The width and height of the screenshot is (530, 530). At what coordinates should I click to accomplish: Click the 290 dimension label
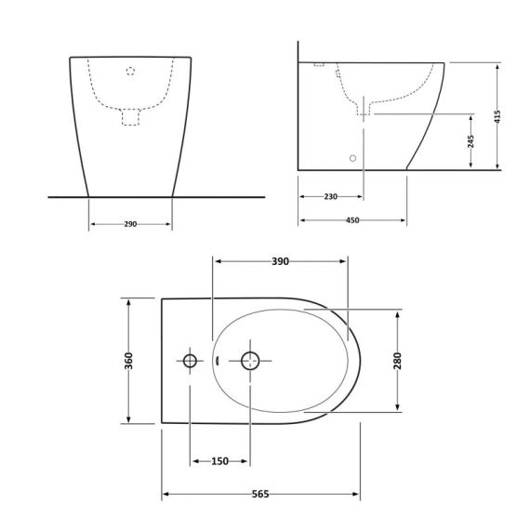tap(130, 224)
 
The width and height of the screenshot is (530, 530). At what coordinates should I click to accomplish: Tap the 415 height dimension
tap(497, 116)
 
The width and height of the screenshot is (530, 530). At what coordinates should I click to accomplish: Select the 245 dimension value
tap(470, 141)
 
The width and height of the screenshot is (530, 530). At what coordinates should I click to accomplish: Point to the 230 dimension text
tap(331, 196)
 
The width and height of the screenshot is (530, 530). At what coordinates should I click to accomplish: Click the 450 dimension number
tap(352, 220)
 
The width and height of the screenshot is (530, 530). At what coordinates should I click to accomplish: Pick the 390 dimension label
tap(281, 261)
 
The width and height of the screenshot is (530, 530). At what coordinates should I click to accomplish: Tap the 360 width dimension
tap(129, 361)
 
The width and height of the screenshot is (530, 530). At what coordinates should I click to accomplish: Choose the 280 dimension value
tap(398, 361)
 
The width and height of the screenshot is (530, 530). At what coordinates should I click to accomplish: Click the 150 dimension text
tap(220, 461)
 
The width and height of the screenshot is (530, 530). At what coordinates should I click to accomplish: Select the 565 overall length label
tap(260, 494)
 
